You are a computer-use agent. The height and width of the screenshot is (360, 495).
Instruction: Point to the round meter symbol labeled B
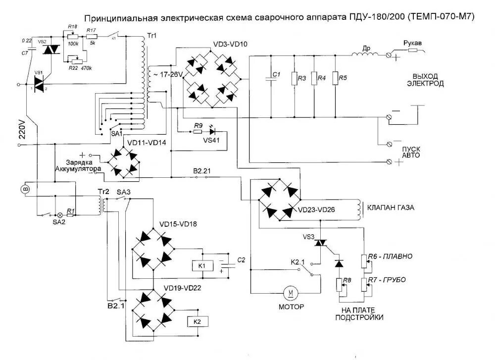(28, 189)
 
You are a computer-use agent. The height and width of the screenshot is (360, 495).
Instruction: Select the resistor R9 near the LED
(198, 132)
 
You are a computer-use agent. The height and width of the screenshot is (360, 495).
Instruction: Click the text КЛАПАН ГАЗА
(389, 207)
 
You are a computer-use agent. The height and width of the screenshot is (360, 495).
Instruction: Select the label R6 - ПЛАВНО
(392, 256)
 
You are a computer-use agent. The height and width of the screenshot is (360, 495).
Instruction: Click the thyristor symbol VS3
(322, 243)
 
